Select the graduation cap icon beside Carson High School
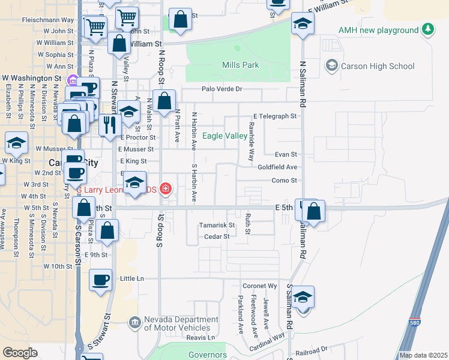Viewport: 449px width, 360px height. pos(331,65)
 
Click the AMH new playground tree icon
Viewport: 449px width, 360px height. pos(427,29)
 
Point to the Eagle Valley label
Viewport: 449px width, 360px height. pos(224,136)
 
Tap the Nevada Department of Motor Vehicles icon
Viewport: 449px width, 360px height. pos(134,323)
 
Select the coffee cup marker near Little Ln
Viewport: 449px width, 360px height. pos(100,280)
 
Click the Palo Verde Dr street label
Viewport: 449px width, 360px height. pos(221,89)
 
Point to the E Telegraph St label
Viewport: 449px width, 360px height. pos(275,116)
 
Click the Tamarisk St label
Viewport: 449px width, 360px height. pos(217,225)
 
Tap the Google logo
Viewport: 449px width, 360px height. pos(20,353)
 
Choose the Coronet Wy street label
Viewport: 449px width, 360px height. pos(259,286)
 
